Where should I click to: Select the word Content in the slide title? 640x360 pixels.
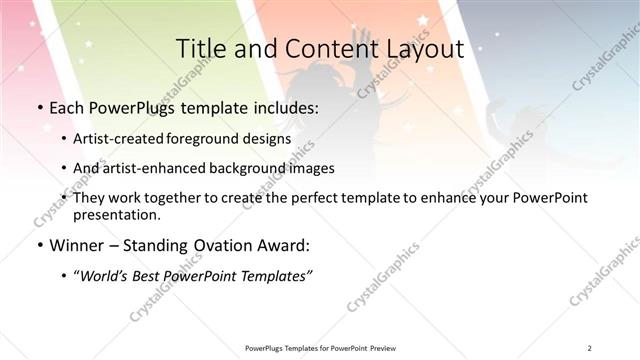point(321,48)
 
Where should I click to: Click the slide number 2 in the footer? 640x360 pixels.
point(590,347)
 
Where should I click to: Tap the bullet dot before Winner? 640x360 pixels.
point(38,245)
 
